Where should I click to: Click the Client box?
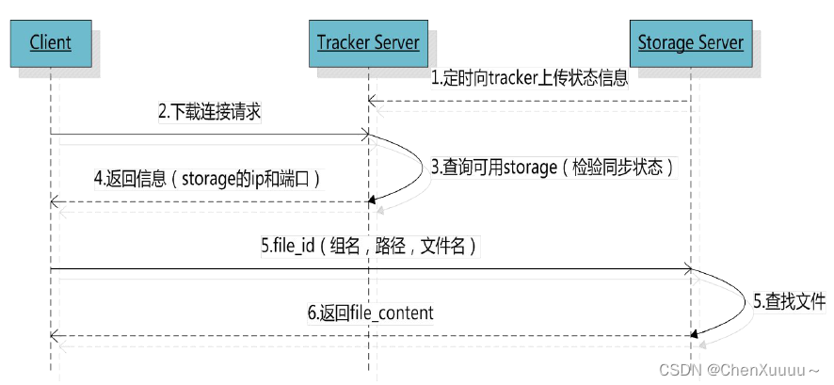coord(50,42)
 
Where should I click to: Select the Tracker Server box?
coord(367,42)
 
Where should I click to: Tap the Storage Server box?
coord(690,42)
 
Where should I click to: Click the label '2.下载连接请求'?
coord(209,111)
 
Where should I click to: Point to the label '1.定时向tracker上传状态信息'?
coord(529,79)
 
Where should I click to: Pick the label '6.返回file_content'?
coord(371,313)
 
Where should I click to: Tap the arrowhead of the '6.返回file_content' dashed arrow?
coord(55,335)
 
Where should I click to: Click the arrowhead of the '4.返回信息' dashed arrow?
coord(55,201)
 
